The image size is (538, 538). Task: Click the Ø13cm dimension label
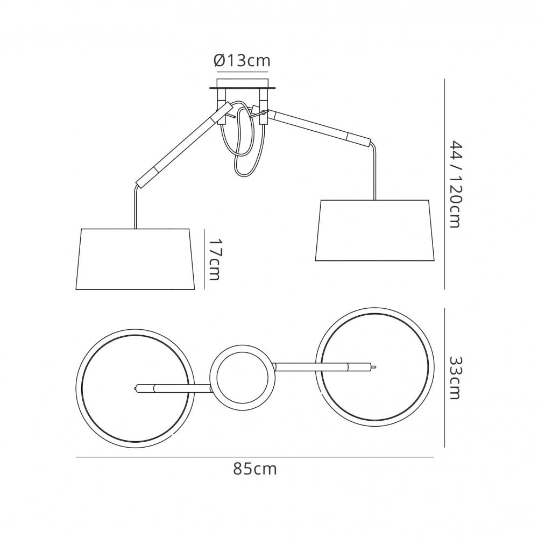(242, 61)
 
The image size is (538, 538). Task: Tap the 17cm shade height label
(215, 259)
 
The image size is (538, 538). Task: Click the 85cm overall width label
(254, 469)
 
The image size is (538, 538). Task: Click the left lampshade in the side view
(135, 259)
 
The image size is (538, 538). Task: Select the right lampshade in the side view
(374, 230)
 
